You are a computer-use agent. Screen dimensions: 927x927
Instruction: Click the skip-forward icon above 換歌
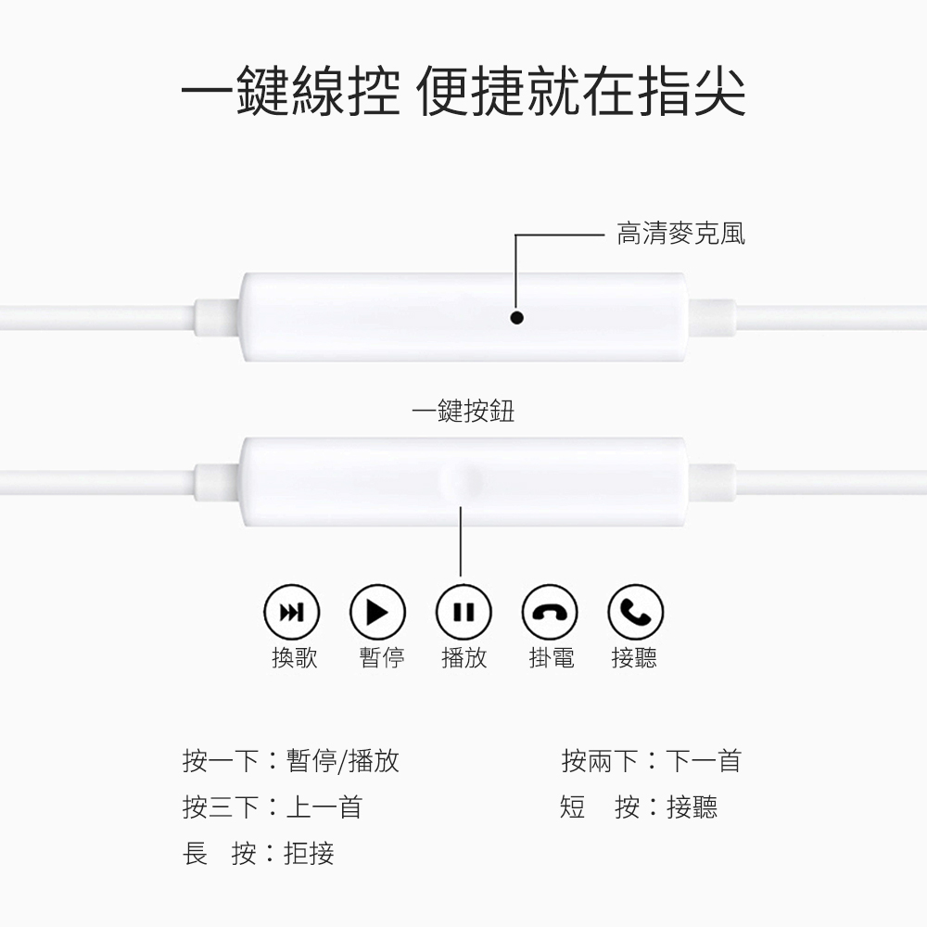[x=292, y=612]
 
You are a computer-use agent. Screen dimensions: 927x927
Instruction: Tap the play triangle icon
[x=377, y=612]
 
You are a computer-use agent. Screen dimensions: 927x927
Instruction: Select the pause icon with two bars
[x=463, y=612]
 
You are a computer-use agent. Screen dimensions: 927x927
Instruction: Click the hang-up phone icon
[x=550, y=612]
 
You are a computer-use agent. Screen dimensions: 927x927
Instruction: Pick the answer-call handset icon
[x=635, y=612]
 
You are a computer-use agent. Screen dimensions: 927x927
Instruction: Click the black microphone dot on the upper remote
[x=517, y=318]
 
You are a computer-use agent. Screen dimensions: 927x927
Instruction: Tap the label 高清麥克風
[x=680, y=234]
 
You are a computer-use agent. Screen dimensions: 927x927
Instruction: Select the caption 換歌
[x=294, y=658]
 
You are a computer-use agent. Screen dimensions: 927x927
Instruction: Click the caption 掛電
[x=551, y=658]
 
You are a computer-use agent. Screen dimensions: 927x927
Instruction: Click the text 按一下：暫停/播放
[x=291, y=762]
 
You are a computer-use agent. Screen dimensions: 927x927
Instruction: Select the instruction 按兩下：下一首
[x=651, y=762]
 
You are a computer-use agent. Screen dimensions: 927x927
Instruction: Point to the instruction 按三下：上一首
[x=272, y=807]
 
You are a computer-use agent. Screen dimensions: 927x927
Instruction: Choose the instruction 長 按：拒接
[x=258, y=853]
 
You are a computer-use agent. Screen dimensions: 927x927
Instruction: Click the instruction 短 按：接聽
[x=639, y=807]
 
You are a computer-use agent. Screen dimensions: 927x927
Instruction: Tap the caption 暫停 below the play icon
[x=381, y=658]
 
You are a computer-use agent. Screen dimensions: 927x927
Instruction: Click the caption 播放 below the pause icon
[x=463, y=658]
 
